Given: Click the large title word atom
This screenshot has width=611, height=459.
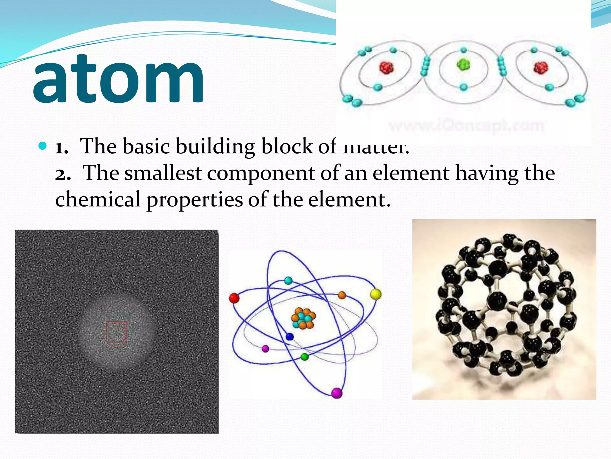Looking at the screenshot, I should coord(119,79).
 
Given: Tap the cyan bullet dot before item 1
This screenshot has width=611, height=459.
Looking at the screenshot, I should coord(43,146).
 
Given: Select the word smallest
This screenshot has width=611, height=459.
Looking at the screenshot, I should coord(163,173).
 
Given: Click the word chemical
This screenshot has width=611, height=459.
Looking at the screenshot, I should coord(98,199).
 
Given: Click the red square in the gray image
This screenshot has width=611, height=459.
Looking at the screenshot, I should coord(116,332).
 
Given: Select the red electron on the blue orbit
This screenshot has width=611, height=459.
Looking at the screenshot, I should coord(234,298).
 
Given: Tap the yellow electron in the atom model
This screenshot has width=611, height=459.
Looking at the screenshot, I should coord(376,294).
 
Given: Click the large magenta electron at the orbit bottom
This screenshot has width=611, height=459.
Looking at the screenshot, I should coord(337,393).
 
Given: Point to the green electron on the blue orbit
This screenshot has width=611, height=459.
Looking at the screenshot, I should coord(304,357).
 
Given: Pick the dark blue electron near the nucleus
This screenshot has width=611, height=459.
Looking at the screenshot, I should coord(289,337).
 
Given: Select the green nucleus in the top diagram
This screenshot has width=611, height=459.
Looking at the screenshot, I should coord(463,64).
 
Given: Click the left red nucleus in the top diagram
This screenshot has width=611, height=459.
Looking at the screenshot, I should coord(386,68).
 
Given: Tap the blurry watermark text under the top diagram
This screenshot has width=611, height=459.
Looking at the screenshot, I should coord(466,126).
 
